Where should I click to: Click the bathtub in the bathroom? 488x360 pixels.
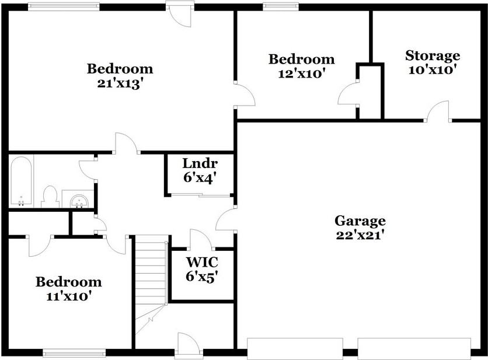21,180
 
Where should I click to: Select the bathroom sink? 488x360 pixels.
78,200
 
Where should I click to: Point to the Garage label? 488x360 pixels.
360,221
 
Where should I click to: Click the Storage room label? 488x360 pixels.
433,56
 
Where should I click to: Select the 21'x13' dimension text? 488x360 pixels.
120,83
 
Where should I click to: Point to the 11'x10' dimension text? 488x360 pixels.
68,296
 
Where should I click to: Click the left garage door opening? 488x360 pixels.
295,348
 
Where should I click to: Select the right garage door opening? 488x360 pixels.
414,348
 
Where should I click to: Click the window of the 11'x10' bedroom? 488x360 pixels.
74,352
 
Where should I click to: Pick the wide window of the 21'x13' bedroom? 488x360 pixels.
64,6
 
